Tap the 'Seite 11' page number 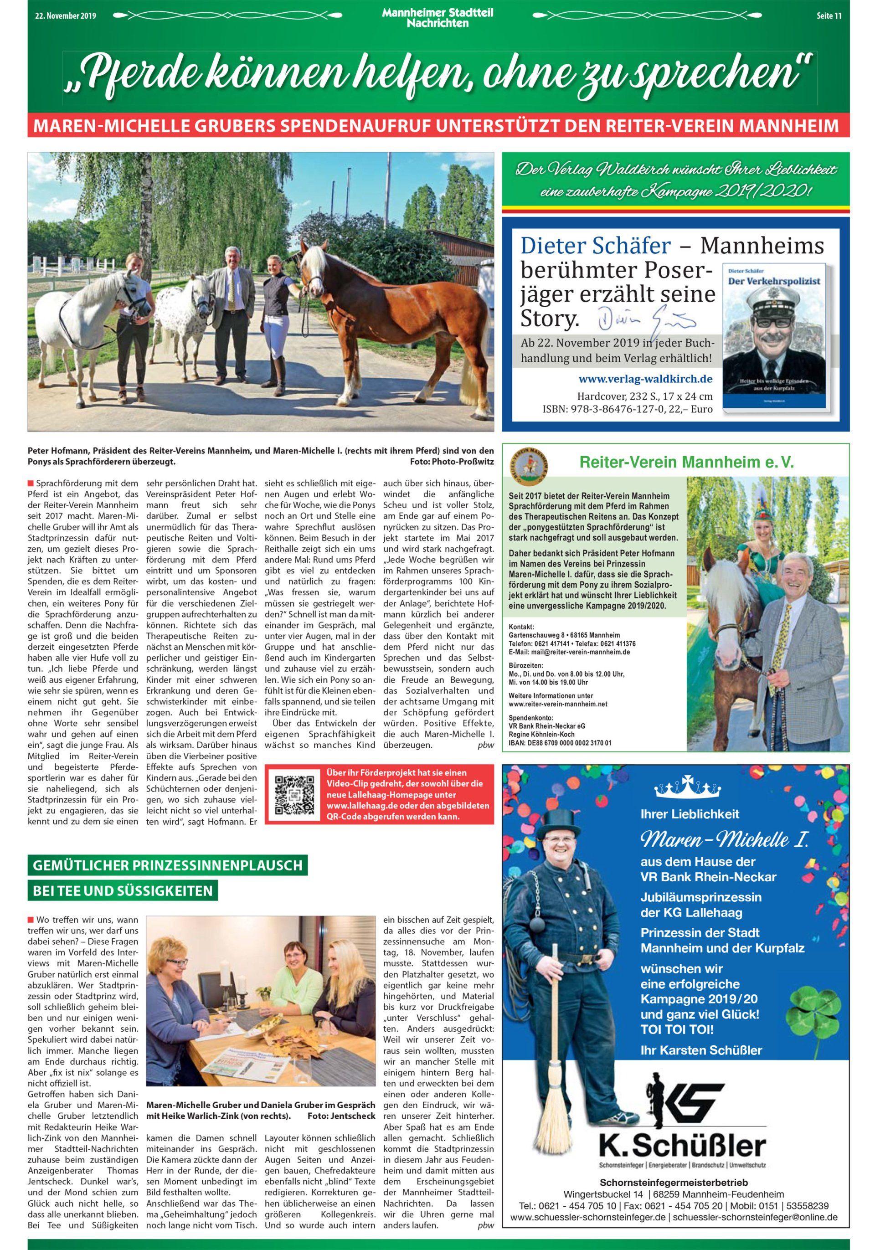tap(829, 16)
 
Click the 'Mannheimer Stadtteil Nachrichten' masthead tap(437, 19)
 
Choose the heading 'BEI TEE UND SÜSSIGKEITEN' tap(123, 891)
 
